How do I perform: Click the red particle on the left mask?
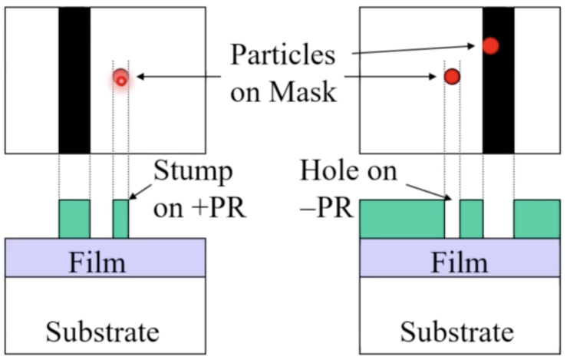(120, 78)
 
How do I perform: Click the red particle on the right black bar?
(491, 45)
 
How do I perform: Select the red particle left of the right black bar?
(452, 77)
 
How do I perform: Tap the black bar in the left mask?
(74, 80)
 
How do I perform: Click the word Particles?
(284, 55)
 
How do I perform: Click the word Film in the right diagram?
(460, 263)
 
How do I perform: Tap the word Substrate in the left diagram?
(103, 332)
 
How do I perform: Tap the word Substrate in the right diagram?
(458, 332)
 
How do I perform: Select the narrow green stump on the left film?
(120, 219)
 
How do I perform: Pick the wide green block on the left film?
(74, 219)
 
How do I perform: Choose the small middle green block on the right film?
(471, 219)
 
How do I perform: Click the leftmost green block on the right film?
(402, 219)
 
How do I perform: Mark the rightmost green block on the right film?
(536, 219)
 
